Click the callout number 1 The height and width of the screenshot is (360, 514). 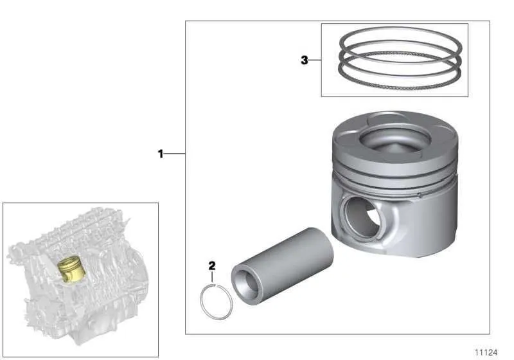click(x=161, y=154)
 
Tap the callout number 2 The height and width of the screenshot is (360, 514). click(x=212, y=265)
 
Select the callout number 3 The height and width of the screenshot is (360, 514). click(x=305, y=60)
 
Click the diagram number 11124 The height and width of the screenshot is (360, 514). click(x=486, y=352)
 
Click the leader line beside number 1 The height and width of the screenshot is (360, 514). click(x=175, y=154)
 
